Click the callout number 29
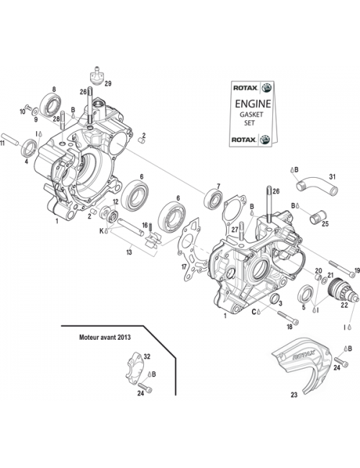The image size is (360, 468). click(x=109, y=84)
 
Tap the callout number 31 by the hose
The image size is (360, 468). click(x=332, y=177)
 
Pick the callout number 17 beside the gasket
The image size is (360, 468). click(x=184, y=266)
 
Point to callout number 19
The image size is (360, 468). click(x=355, y=271)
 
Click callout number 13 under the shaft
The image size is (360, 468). click(x=128, y=253)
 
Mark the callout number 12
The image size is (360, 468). click(x=115, y=202)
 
